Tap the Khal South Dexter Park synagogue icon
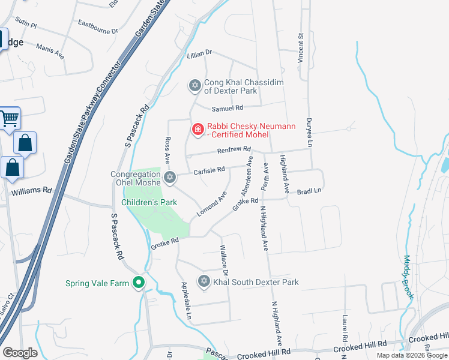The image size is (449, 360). [203, 281]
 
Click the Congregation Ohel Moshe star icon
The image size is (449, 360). [170, 176]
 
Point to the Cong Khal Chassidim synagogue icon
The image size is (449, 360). [194, 86]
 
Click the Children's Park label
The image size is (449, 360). [149, 203]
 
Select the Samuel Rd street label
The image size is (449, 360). [228, 108]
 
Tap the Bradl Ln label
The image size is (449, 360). [310, 190]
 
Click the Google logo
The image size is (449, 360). [20, 353]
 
